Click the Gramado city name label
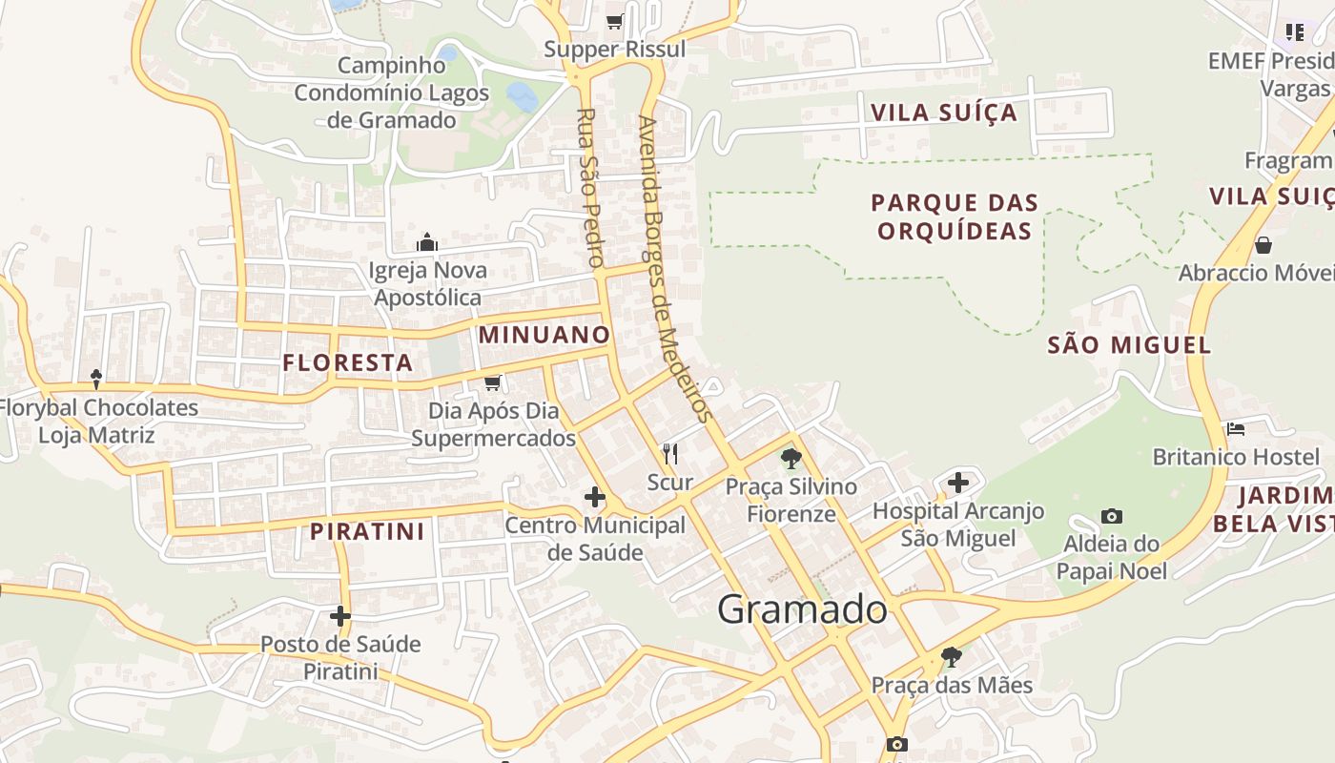(802, 609)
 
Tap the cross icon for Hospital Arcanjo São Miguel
(958, 483)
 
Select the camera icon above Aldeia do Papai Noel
(1112, 516)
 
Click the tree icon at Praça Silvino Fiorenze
(791, 459)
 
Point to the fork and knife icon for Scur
(670, 453)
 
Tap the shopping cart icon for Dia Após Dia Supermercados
(493, 383)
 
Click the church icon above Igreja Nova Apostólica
(427, 242)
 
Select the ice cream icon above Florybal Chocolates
(96, 380)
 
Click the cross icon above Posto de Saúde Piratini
(340, 616)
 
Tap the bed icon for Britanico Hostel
(1236, 429)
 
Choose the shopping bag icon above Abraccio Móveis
(1263, 245)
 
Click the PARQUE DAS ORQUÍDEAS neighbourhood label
(955, 217)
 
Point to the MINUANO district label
(544, 335)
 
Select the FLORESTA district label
(348, 362)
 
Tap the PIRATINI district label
(367, 531)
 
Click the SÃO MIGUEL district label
(1129, 344)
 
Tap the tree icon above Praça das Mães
(951, 656)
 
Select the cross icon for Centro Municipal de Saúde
(595, 497)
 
